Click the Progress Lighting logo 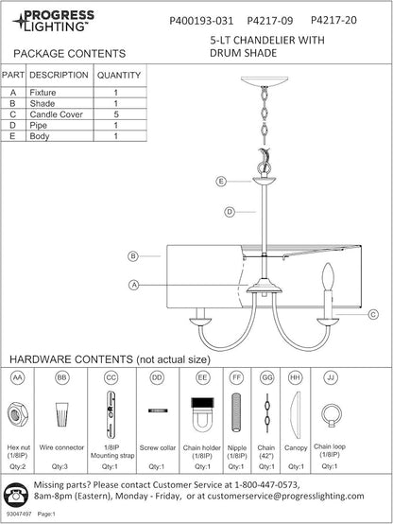pos(54,21)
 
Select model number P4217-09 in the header pos(270,21)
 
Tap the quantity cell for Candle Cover pos(116,114)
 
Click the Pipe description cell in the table pos(60,125)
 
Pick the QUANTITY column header pos(119,75)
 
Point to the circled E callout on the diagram pos(221,182)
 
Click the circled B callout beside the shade pos(133,256)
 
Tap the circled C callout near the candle pos(373,314)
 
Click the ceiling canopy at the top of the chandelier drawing pos(265,81)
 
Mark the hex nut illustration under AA pos(18,415)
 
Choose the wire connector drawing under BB pos(61,414)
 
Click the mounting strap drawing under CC pos(111,414)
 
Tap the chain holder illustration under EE pos(202,413)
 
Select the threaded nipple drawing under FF pos(236,412)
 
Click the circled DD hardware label pos(157,377)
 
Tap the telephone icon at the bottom pos(15,494)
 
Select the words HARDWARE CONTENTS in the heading pos(71,359)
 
